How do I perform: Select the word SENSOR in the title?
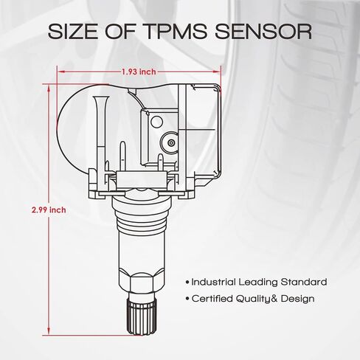tap(263, 32)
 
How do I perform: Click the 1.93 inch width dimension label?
tap(139, 72)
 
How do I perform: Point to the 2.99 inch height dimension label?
tap(49, 210)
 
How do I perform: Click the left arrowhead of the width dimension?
tap(60, 72)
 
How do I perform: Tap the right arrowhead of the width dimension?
tap(217, 72)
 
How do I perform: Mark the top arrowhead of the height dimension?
tap(49, 89)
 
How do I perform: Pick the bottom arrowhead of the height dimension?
tap(49, 330)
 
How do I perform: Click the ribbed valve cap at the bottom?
tap(141, 316)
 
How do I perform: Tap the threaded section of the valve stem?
tap(141, 218)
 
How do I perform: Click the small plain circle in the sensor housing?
tap(156, 122)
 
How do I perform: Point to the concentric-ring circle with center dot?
tap(170, 142)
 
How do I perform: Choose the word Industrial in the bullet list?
tap(213, 282)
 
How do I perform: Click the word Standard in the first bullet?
tap(304, 282)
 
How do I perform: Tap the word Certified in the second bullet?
tap(212, 299)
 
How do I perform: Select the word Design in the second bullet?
tap(297, 299)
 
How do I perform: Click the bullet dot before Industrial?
tap(187, 283)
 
